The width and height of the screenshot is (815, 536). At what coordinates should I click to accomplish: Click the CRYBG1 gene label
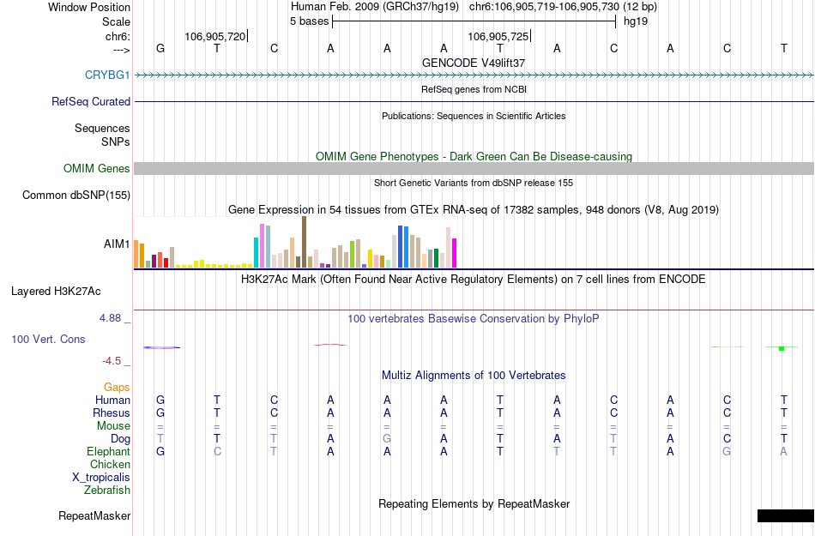point(107,75)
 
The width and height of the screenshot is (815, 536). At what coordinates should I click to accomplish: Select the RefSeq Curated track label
point(91,101)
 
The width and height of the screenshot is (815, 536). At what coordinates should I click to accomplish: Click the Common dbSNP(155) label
point(76,195)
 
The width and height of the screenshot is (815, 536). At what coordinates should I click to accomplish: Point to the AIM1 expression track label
point(117,244)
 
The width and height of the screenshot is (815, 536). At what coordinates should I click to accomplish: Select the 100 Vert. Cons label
point(48,339)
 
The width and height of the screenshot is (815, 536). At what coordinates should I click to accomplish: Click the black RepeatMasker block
point(785,515)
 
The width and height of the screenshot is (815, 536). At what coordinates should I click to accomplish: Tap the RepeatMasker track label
point(94,515)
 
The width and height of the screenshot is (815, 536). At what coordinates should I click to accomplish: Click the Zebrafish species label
point(107,490)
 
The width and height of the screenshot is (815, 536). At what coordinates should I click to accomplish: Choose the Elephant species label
point(108,451)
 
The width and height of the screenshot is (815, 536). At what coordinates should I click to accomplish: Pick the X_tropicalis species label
point(101,477)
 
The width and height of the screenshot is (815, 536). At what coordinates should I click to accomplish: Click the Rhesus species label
point(112,413)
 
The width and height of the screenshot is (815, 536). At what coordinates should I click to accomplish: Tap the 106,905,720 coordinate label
point(214,36)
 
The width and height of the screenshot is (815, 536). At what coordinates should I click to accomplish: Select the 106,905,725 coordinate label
point(498,36)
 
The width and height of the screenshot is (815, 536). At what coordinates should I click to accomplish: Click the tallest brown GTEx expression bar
point(304,242)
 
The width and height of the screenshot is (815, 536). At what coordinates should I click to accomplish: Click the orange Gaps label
point(117,387)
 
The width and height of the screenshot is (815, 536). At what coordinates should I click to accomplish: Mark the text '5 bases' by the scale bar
point(309,21)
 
